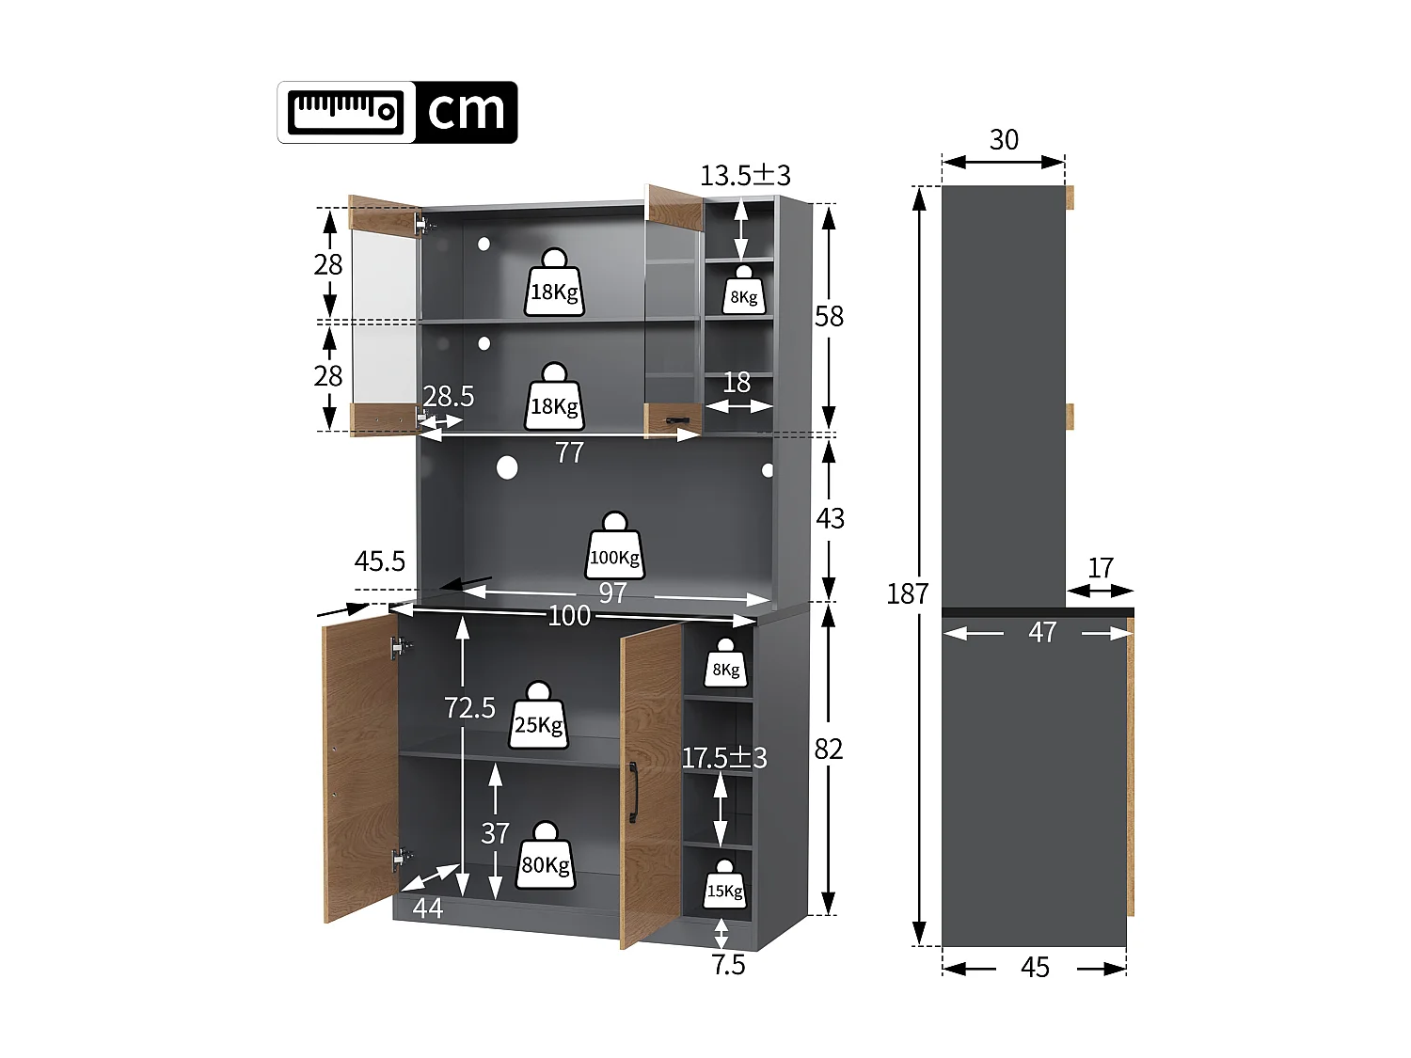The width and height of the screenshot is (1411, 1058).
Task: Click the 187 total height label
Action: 907,593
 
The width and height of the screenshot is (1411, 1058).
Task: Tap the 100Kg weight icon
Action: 615,548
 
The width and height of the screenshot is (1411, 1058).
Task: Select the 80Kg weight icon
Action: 545,857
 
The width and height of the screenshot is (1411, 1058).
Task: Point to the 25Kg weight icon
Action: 539,717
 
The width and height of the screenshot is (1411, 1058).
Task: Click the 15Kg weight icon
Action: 724,885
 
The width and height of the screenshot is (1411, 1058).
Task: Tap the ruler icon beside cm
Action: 346,112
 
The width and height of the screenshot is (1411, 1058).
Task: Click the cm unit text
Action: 467,112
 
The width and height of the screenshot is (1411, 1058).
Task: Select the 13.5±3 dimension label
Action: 745,175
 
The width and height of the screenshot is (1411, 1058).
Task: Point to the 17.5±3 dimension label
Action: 723,757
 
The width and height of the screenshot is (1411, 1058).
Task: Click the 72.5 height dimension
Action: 469,707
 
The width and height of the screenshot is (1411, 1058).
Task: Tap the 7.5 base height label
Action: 728,965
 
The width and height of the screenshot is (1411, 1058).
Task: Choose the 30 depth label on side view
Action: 1004,140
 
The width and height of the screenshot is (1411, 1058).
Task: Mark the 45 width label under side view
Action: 1035,968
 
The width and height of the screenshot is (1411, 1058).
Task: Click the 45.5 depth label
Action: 379,561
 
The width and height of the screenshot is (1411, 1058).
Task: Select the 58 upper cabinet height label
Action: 829,316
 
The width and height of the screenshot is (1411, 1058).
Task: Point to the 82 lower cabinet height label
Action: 829,749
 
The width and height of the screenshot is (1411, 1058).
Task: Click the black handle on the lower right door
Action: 633,793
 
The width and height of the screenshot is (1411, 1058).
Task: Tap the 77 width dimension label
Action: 569,453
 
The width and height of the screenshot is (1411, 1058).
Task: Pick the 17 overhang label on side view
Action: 1101,568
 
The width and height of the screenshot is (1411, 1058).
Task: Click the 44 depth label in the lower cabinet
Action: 428,908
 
